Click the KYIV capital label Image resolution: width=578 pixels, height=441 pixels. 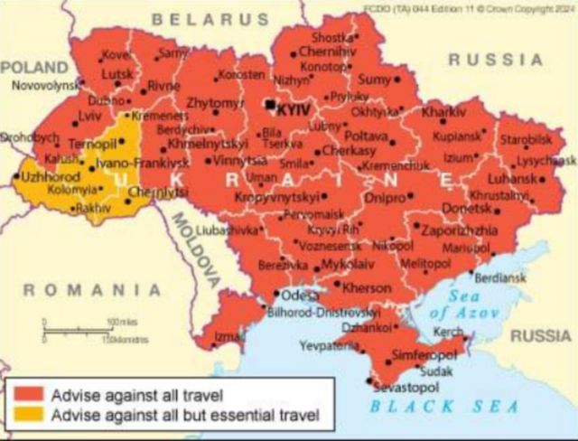[x=294, y=107]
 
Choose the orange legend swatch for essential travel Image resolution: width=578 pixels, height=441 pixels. [x=29, y=417]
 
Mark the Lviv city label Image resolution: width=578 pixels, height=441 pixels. [x=90, y=117]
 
